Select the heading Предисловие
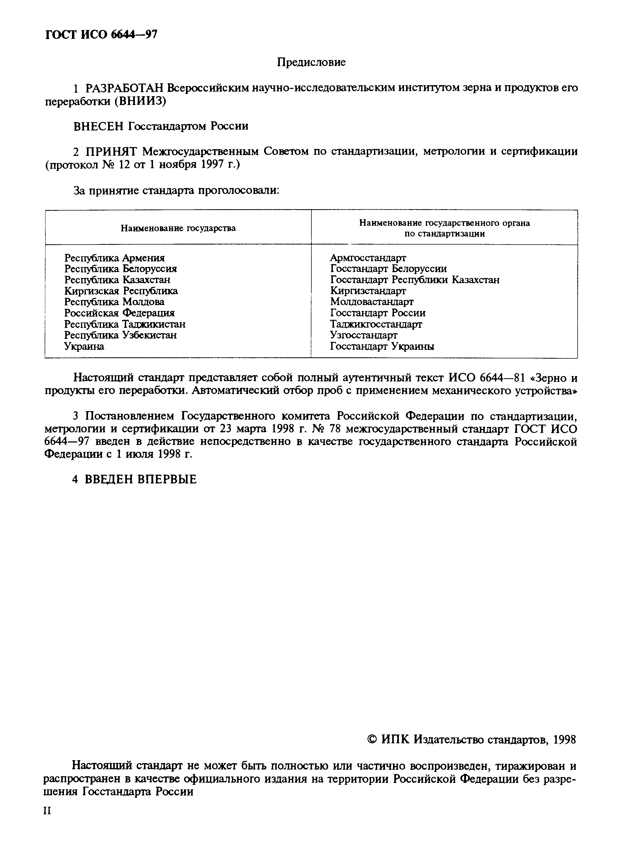click(311, 62)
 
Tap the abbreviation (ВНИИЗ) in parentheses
click(140, 102)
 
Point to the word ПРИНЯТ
click(112, 152)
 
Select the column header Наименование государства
click(178, 228)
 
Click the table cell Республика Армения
click(115, 258)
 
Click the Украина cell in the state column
click(84, 346)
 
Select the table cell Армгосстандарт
click(368, 258)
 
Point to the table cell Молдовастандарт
click(372, 302)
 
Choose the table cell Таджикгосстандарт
click(376, 324)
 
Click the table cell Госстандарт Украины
click(382, 346)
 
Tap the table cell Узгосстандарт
click(363, 335)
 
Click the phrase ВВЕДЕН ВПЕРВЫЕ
click(140, 479)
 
